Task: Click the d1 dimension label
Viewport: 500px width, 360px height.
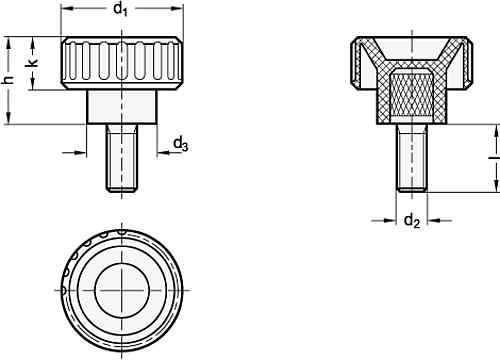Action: pos(120,10)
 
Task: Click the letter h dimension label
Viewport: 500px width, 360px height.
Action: pos(9,81)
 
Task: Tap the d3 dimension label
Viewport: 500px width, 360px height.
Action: pos(181,146)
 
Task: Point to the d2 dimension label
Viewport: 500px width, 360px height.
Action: pos(411,220)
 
